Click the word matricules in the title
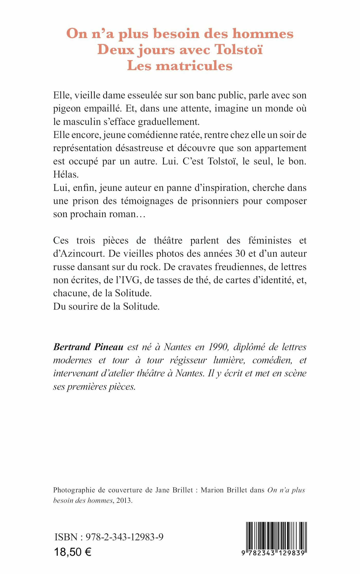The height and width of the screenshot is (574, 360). (x=194, y=66)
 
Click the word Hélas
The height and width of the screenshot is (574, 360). (x=66, y=174)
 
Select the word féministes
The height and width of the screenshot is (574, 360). (x=270, y=241)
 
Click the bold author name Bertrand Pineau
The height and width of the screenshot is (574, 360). (x=88, y=347)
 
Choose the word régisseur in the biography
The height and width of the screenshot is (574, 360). (x=188, y=360)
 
